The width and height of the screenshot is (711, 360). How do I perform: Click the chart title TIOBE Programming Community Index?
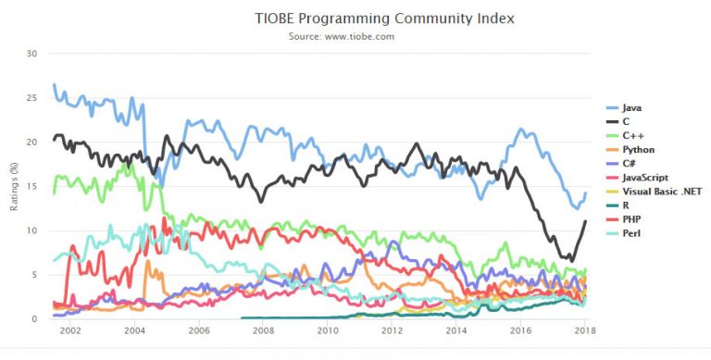(x=384, y=18)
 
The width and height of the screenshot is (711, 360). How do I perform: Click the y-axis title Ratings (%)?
(x=15, y=186)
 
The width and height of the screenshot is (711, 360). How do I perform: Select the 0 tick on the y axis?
(x=34, y=319)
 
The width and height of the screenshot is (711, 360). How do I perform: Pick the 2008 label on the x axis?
(x=263, y=330)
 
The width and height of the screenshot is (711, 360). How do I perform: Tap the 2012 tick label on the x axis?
(x=392, y=330)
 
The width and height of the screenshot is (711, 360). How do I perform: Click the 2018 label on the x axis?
(x=585, y=330)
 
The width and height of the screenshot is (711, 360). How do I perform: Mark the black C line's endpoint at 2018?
(x=585, y=221)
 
